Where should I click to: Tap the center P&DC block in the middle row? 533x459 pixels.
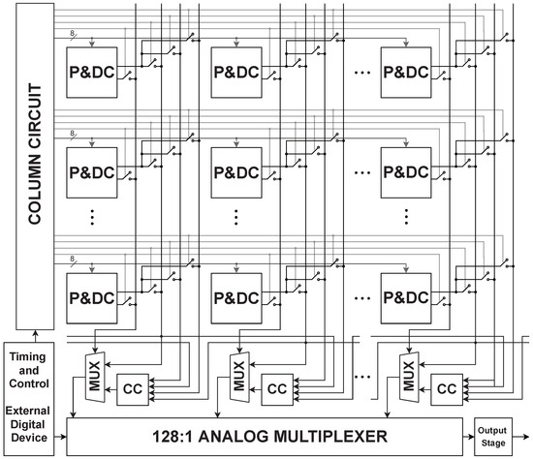point(235,173)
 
